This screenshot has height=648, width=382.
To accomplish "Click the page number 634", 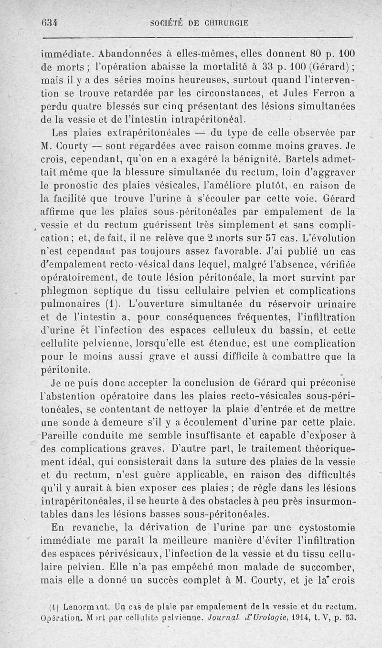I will tap(49, 22).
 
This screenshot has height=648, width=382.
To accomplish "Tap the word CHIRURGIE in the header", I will tap(228, 22).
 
